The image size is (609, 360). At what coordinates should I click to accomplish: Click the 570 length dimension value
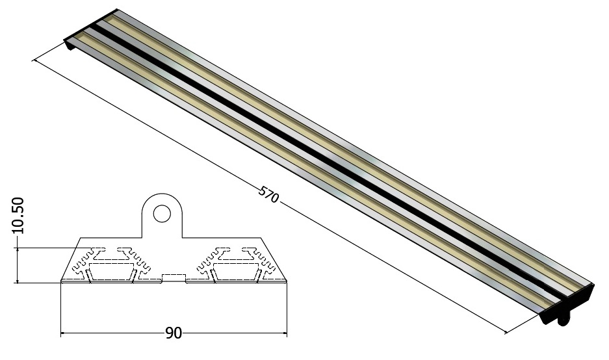click(x=269, y=194)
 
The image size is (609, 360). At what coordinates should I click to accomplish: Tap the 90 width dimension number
click(x=174, y=333)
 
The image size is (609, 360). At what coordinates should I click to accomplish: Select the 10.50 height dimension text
click(x=18, y=216)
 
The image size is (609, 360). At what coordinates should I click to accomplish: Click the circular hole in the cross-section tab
click(x=162, y=214)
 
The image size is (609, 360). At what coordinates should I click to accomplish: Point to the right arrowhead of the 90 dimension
click(x=283, y=333)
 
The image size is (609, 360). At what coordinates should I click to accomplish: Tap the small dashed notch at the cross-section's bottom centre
click(x=174, y=277)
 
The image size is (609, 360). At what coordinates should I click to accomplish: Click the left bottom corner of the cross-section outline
click(x=61, y=281)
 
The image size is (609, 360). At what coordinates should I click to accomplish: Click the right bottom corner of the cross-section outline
click(x=287, y=281)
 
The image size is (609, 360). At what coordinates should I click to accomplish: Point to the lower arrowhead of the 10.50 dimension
click(x=18, y=279)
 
